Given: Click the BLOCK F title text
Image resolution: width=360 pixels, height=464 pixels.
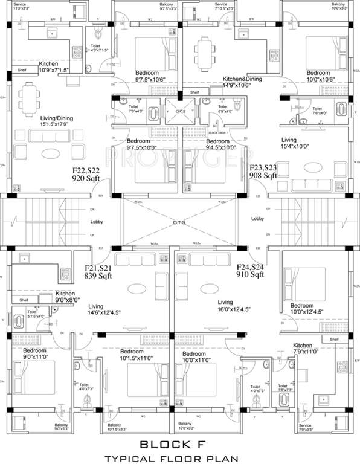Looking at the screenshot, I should point(179,445).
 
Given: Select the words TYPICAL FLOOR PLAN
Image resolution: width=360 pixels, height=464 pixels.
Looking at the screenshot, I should point(179,457).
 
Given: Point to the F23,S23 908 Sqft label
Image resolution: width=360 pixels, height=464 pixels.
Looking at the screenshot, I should point(264,172).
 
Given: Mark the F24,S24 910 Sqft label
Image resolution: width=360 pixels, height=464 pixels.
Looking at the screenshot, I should point(251,271).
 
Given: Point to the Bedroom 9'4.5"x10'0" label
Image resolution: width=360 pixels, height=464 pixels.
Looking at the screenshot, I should point(205,145).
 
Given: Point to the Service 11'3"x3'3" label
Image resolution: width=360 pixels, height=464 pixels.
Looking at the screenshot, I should point(17,6).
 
